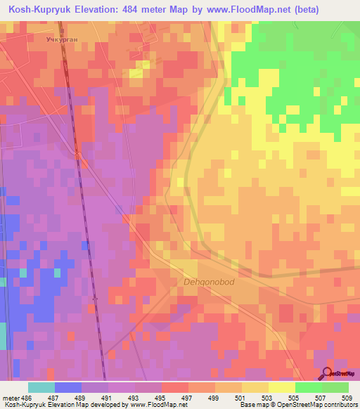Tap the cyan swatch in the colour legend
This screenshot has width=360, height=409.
pyautogui.click(x=41, y=387)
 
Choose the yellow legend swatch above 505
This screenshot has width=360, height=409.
pyautogui.click(x=281, y=387)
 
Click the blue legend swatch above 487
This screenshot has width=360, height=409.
pyautogui.click(x=67, y=387)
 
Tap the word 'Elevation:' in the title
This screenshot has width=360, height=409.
pyautogui.click(x=112, y=10)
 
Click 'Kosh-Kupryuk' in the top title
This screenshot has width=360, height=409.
pyautogui.click(x=43, y=10)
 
